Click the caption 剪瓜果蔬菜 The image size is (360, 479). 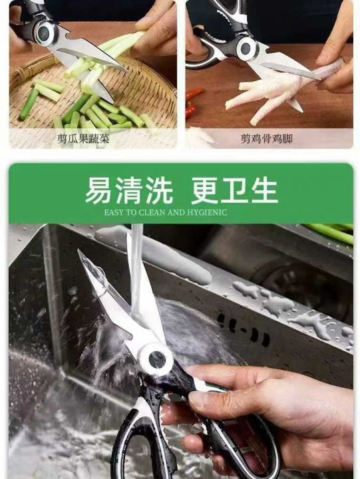click(83, 139)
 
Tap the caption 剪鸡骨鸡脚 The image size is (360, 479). click(266, 139)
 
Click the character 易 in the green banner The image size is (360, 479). click(98, 190)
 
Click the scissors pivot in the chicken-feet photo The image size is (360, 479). click(246, 47)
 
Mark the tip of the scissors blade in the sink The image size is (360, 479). click(79, 250)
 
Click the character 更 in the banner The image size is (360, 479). click(204, 191)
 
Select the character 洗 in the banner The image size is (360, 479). click(159, 190)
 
